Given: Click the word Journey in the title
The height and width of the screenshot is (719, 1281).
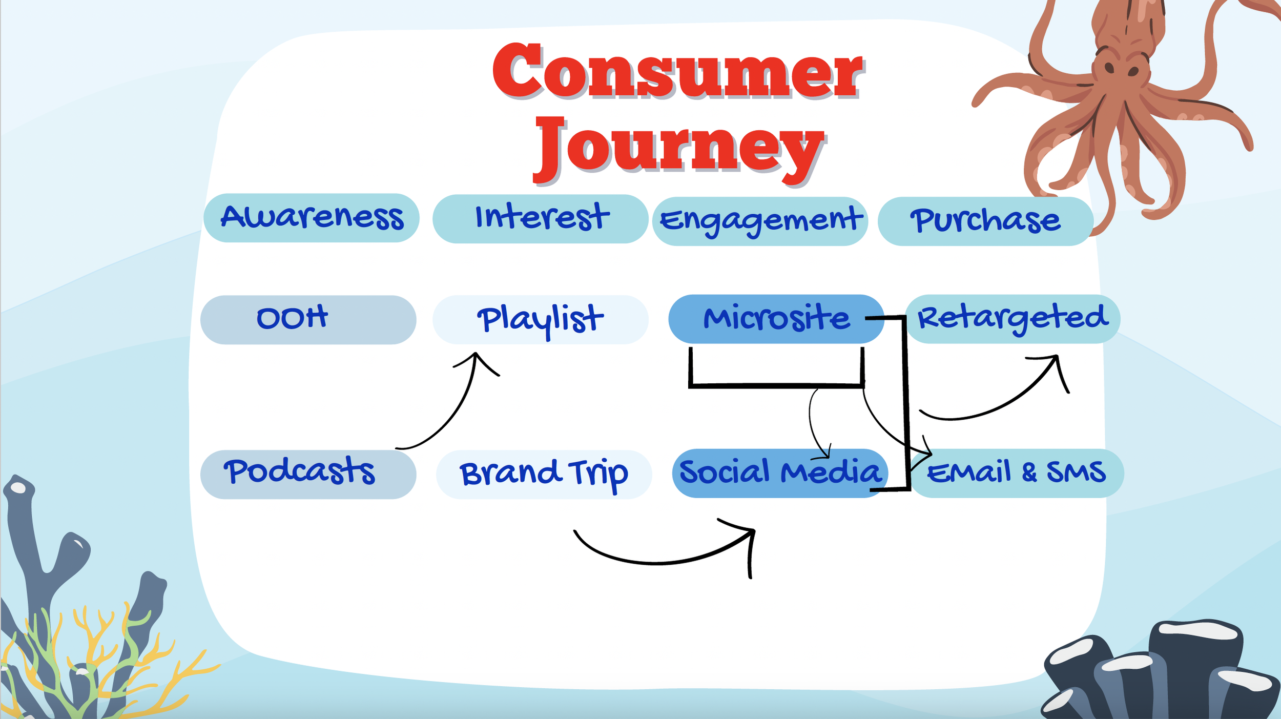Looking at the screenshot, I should click(678, 148).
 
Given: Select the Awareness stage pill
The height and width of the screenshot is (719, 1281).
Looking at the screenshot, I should click(312, 218).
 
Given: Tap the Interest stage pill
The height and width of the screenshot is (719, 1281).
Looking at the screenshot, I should click(541, 218).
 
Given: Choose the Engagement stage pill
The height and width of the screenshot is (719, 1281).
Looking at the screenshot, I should click(760, 221).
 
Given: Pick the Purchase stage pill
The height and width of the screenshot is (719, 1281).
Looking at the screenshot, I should click(985, 221).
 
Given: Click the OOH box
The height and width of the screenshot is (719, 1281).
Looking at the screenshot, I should click(308, 319).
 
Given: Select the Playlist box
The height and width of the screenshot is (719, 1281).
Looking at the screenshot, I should click(541, 319).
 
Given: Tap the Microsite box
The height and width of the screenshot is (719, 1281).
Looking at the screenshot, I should click(776, 318).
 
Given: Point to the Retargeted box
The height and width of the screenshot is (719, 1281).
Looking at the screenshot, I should click(1013, 318).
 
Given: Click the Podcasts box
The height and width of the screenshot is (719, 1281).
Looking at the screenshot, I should click(308, 474).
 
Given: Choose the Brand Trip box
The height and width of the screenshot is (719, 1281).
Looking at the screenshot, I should click(544, 474).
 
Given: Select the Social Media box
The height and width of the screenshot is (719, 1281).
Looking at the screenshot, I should click(779, 473).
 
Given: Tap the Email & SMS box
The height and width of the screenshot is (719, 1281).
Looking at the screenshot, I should click(1017, 473).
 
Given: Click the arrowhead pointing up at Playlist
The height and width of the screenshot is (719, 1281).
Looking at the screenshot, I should click(476, 357).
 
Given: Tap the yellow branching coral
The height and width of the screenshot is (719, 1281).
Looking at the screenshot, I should click(97, 646).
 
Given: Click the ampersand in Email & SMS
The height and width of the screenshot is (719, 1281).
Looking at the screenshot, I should click(1029, 472).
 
